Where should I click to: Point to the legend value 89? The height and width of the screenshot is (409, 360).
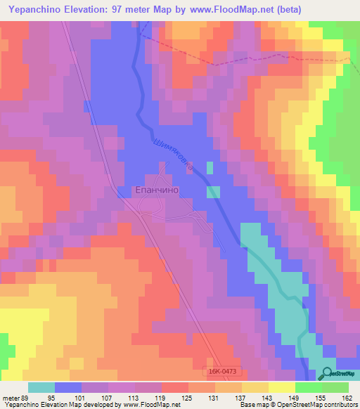pos(25,397)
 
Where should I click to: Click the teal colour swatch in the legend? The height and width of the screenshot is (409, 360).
pos(41,387)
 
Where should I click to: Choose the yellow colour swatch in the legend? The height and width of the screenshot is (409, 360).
pos(281,387)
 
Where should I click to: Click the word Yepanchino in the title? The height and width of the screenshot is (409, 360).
pos(37,11)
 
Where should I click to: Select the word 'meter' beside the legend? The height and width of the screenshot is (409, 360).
pos(10,397)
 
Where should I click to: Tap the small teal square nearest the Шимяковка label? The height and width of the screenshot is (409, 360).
pos(210,167)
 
